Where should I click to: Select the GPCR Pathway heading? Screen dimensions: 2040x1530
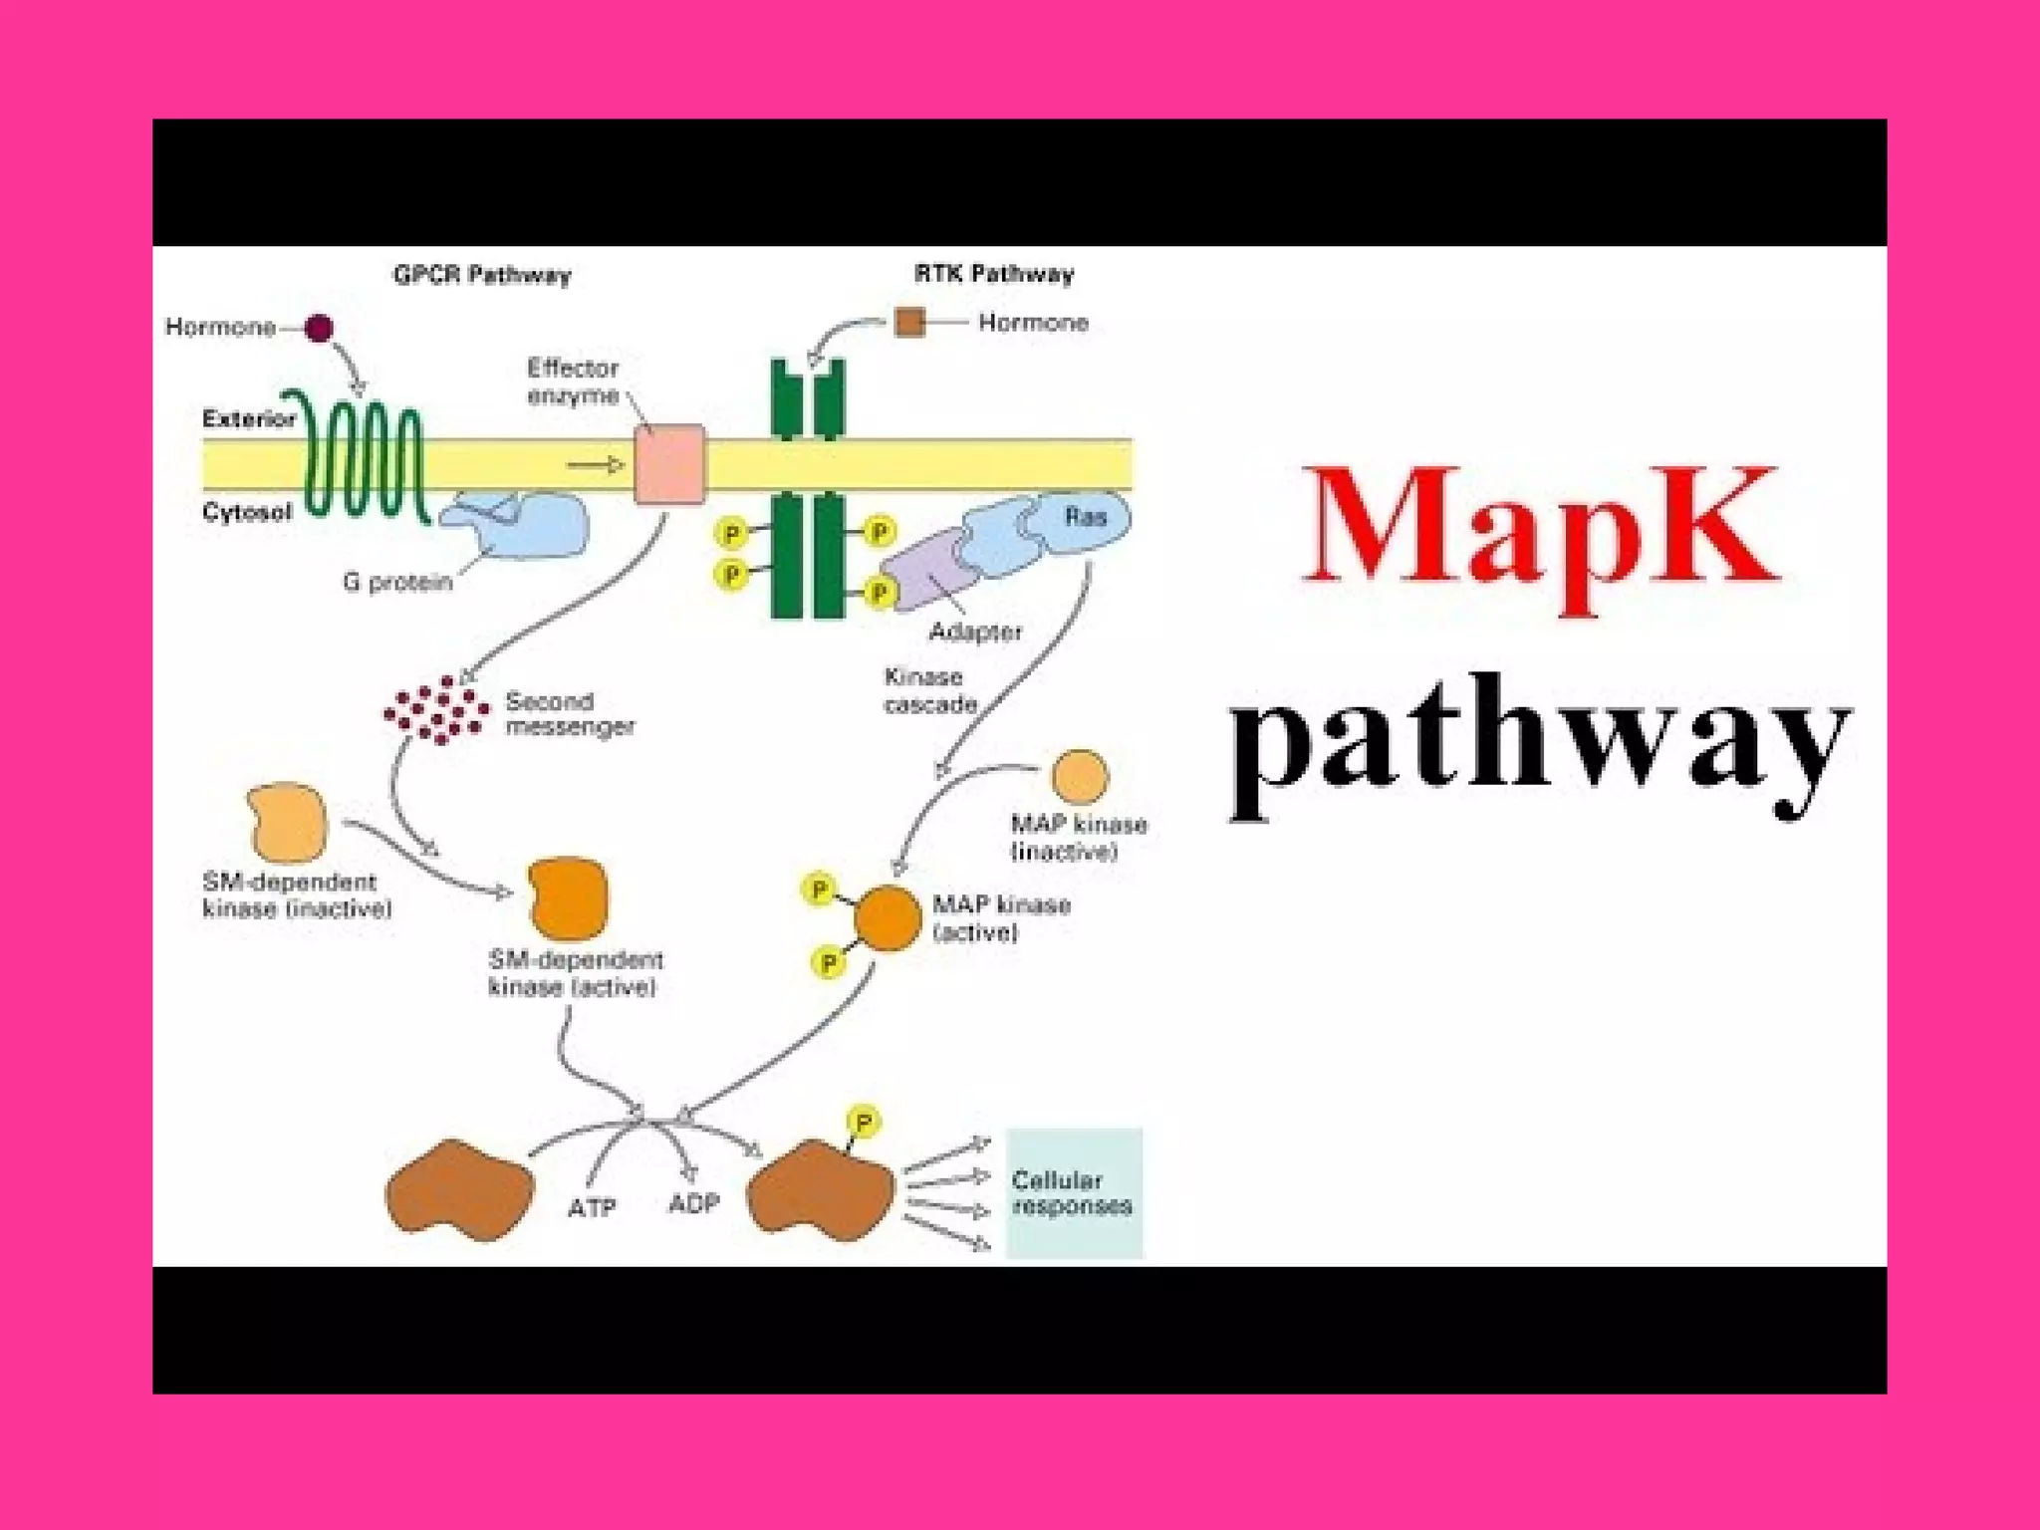pos(482,275)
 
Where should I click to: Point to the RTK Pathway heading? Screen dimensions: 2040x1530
pos(994,274)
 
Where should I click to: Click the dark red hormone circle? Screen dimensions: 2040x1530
pos(319,328)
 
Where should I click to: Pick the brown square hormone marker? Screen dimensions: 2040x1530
pos(909,323)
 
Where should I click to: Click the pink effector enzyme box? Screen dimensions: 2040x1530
pos(669,464)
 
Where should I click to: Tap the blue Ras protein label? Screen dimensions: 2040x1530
pos(1085,516)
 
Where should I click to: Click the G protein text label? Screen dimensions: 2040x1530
pos(397,582)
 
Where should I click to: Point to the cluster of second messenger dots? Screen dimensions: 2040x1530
pos(436,709)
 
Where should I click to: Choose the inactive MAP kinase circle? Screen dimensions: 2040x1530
pos(1080,777)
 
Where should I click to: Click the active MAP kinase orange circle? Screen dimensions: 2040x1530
pos(888,917)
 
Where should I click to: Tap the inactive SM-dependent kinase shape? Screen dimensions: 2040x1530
pos(288,822)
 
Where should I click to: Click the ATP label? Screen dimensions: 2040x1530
pos(592,1207)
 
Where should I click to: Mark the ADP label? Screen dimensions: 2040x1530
pos(693,1203)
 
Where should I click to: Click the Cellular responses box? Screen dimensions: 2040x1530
pos(1074,1193)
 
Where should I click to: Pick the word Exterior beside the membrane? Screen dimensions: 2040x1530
pos(248,418)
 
